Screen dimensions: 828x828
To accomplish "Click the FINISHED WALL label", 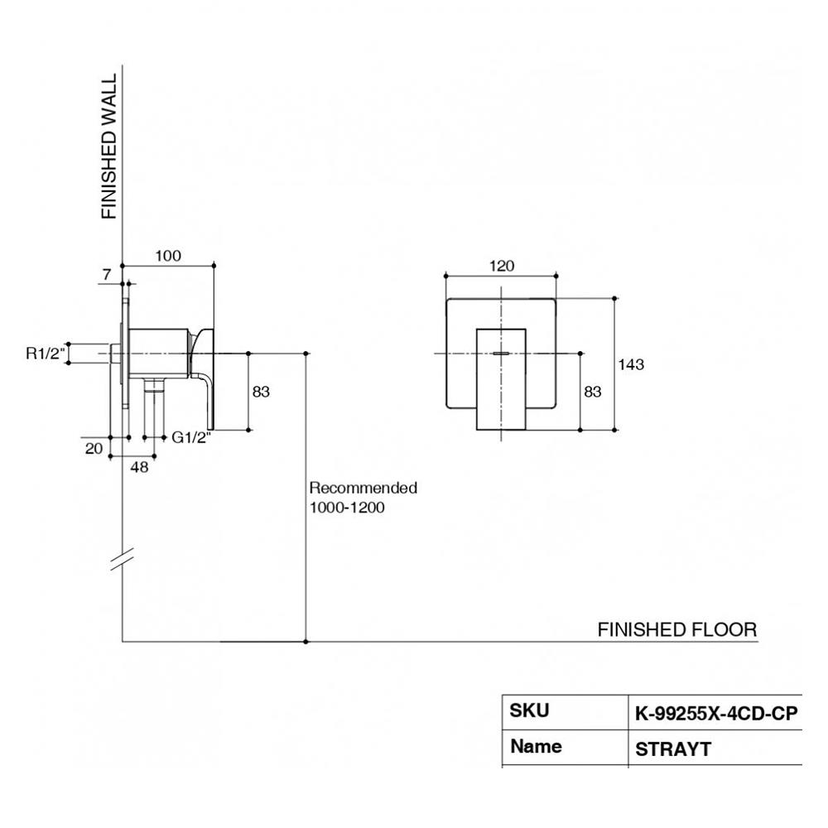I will point(109,147).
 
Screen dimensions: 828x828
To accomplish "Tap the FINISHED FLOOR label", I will point(676,629).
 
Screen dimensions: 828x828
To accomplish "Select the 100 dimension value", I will point(168,256).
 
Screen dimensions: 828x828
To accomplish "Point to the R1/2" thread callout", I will point(46,354).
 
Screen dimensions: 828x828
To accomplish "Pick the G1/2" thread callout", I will point(192,438).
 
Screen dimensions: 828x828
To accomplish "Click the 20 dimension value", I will point(94,448).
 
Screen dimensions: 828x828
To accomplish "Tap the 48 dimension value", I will point(140,467).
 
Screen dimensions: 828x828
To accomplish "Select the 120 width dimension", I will point(502,266).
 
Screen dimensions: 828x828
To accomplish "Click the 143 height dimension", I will point(631,364).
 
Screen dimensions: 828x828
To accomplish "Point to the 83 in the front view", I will point(593,392).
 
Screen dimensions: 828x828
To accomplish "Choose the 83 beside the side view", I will point(262,392).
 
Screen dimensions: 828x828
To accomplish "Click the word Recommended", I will point(363,488).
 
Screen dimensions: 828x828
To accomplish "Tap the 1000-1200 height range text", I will point(347,508).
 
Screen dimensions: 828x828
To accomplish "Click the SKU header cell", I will point(530,710).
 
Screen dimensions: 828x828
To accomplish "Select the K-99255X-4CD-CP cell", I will point(716,714).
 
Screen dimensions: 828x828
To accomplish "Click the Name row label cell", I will point(536,746).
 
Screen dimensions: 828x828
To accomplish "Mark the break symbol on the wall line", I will point(123,561).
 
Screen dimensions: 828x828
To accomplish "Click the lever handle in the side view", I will point(206,373).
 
